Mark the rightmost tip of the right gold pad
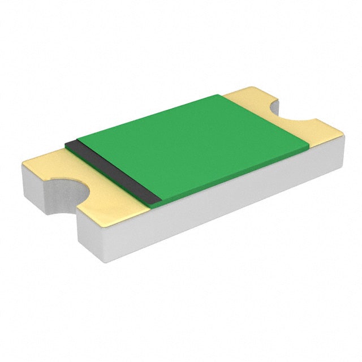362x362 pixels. pos(343,133)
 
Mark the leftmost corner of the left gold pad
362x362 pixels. pos(23,165)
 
